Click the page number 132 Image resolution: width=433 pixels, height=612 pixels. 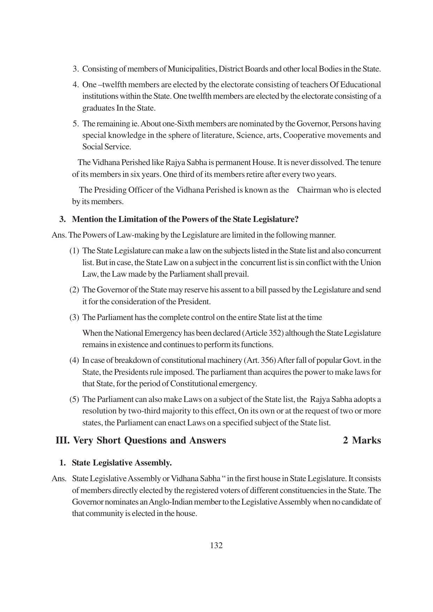216,545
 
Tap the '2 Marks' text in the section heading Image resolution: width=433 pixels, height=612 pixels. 362,440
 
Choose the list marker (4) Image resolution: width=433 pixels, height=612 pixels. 74,360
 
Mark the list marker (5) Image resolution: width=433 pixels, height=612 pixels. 74,399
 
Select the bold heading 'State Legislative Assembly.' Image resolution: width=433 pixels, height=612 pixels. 121,463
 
